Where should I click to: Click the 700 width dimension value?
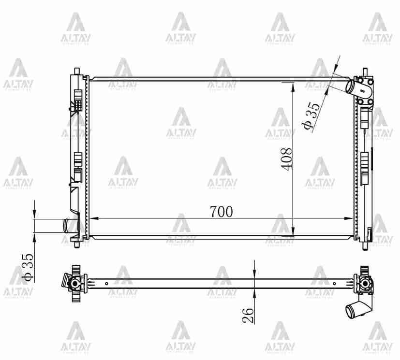coord(221,211)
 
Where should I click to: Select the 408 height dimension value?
coord(287,158)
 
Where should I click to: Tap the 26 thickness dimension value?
coord(248,316)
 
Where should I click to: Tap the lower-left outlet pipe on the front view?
coord(66,225)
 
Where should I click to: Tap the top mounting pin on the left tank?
coord(76,71)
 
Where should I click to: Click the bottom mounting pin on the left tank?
coord(76,245)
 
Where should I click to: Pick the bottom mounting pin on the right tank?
coord(365,245)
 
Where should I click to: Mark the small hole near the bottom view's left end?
coord(106,283)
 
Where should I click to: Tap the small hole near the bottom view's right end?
coord(334,283)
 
